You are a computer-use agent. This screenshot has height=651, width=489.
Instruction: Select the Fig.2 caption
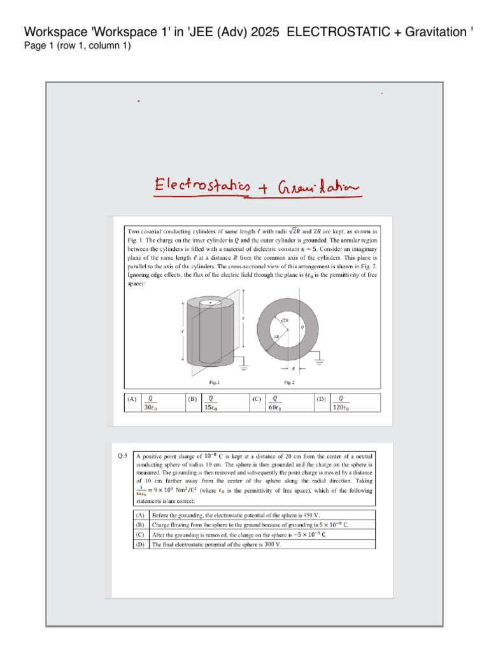click(290, 383)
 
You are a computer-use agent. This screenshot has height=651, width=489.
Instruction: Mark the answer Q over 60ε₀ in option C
click(275, 403)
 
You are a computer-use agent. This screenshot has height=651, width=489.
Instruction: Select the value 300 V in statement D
click(273, 545)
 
